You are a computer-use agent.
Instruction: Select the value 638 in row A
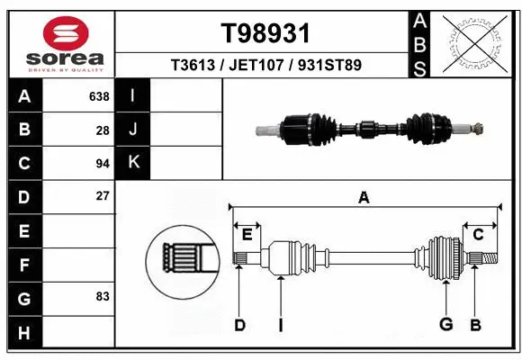click(x=99, y=95)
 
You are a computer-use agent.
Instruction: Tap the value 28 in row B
click(x=103, y=130)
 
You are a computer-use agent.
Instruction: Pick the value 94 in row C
click(x=102, y=164)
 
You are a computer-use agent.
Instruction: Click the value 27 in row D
click(x=102, y=196)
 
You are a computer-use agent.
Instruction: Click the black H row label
click(x=24, y=333)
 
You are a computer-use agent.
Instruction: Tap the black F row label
click(x=24, y=265)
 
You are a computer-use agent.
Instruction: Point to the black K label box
click(x=133, y=163)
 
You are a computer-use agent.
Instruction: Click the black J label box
click(x=133, y=130)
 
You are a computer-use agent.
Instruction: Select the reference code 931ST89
click(x=329, y=66)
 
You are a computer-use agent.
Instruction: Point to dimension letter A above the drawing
click(x=364, y=197)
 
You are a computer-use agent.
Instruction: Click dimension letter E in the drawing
click(x=247, y=234)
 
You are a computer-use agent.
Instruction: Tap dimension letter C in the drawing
click(x=478, y=234)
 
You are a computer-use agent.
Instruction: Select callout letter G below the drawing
click(x=445, y=325)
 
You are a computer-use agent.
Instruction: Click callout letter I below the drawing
click(x=280, y=325)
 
